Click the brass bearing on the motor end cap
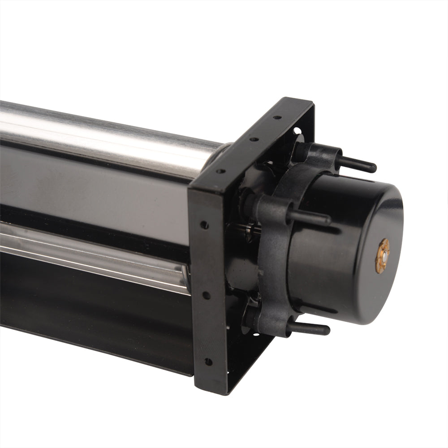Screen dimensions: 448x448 (383, 255)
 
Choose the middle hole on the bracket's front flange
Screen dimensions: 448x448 (206, 295)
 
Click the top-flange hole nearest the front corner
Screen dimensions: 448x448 (220, 171)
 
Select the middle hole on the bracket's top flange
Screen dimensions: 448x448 (254, 139)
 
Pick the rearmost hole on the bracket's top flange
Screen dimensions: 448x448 (278, 118)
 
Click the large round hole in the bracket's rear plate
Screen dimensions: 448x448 (296, 132)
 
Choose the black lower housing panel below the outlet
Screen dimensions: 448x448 (90, 314)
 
